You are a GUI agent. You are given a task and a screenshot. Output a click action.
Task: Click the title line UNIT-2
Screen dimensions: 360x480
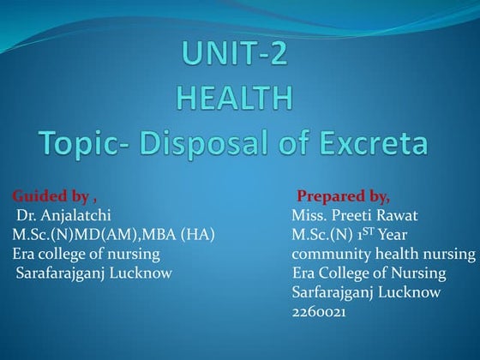point(234,57)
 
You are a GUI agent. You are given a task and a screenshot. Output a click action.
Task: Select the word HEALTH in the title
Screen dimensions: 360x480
point(234,98)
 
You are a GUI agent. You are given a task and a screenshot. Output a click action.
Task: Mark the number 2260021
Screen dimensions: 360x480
point(319,313)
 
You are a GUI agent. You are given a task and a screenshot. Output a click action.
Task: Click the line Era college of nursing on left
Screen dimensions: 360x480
point(86,254)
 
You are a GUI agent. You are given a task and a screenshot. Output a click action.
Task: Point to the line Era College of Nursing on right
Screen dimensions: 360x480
point(369,273)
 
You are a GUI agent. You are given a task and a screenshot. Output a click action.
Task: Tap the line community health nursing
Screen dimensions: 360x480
point(383,255)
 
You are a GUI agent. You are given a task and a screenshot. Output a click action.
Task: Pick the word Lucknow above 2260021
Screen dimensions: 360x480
point(411,293)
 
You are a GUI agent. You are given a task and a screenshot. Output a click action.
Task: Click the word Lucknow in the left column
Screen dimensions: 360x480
point(144,273)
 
